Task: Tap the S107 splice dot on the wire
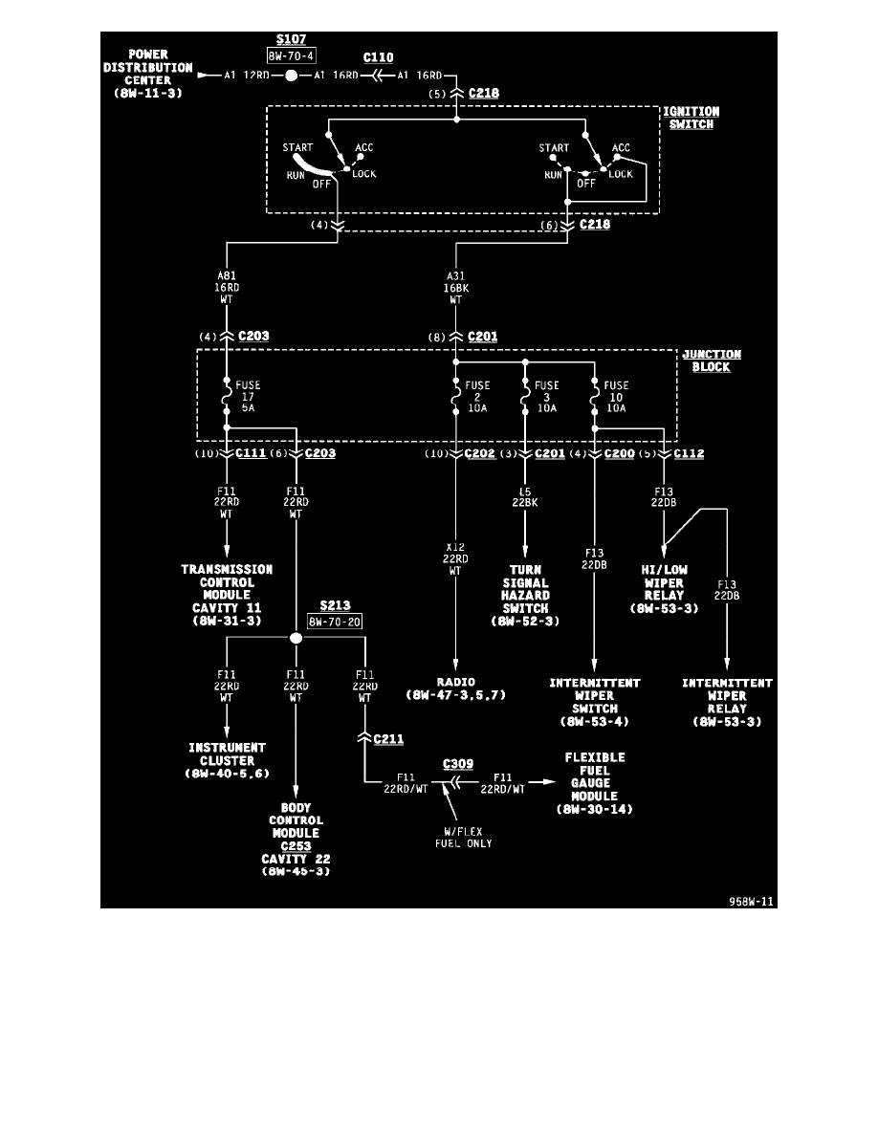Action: (291, 75)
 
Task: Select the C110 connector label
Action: (378, 57)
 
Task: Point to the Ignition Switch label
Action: (691, 118)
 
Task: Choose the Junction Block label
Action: (711, 360)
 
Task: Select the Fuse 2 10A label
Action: (476, 398)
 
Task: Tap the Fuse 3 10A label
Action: (547, 398)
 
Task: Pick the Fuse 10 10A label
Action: (618, 398)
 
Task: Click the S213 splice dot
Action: (296, 638)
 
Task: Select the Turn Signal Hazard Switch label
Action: (525, 595)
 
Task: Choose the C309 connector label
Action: (459, 765)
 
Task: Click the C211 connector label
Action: (389, 739)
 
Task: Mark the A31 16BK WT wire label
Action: (455, 285)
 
